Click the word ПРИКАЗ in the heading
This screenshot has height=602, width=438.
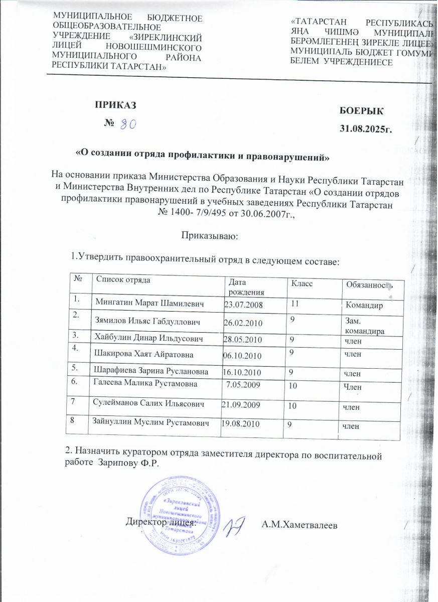point(116,105)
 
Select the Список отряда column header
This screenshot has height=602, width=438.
point(123,280)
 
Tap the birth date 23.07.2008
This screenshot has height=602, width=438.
point(243,305)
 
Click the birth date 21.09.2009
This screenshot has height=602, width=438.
point(240,404)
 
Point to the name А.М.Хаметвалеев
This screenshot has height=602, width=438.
point(300,525)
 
